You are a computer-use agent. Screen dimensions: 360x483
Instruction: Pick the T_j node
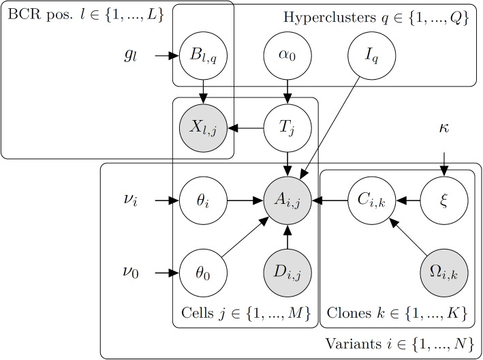pyautogui.click(x=287, y=127)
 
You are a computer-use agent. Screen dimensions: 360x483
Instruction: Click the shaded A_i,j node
pyautogui.click(x=287, y=200)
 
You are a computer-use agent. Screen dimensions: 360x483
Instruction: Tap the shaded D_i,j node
pyautogui.click(x=287, y=273)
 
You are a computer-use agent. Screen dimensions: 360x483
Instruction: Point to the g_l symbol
pyautogui.click(x=131, y=56)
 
